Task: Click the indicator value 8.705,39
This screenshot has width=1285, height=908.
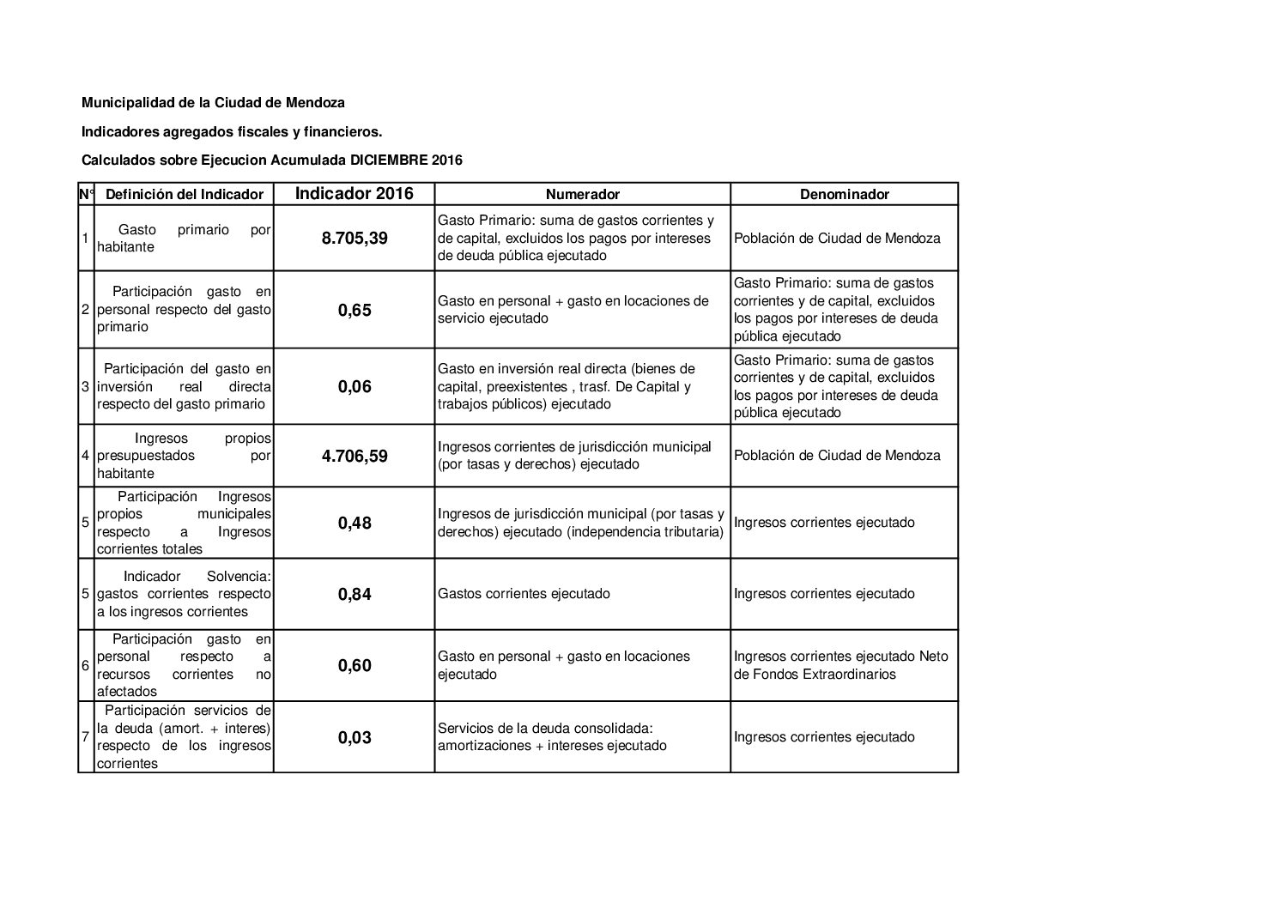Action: [x=355, y=239]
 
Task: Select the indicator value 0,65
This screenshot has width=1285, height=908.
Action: [x=355, y=310]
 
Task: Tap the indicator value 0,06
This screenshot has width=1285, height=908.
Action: [x=355, y=387]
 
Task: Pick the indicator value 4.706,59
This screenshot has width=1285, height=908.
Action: [x=355, y=456]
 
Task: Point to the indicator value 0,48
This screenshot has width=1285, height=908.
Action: [x=355, y=523]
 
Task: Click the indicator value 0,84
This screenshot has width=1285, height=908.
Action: [x=355, y=594]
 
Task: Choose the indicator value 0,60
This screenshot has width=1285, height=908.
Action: [x=355, y=665]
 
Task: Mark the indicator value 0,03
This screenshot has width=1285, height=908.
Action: [x=355, y=737]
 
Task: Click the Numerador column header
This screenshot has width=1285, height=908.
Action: [x=582, y=194]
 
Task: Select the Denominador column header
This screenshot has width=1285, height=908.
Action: [x=844, y=194]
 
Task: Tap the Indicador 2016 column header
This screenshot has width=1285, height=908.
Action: [x=355, y=193]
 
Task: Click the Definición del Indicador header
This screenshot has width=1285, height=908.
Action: [x=184, y=194]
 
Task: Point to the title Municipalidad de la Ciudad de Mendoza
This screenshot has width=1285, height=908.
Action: [x=213, y=103]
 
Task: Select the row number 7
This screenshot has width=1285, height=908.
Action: [x=86, y=737]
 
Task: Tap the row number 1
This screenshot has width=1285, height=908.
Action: [x=86, y=239]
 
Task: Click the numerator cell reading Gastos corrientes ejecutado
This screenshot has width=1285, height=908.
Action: [x=524, y=594]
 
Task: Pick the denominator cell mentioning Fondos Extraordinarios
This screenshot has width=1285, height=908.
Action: [x=841, y=665]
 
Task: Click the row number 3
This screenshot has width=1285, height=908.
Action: [x=86, y=387]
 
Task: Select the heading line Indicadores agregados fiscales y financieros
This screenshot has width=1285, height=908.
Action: [x=231, y=131]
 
